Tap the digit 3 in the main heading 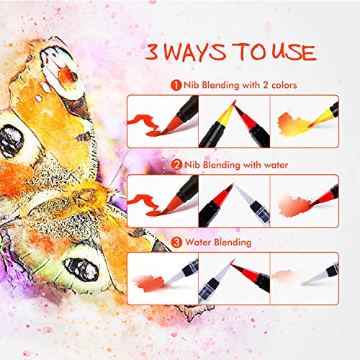point(152,52)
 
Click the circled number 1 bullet point(176,85)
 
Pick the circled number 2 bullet point(177,165)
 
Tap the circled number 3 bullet point(176,242)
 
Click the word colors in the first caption point(284,85)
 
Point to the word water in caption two point(276,165)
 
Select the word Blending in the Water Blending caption point(233,242)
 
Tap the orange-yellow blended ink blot point(293,124)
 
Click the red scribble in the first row point(144,125)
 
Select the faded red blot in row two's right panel point(293,206)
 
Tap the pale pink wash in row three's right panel point(284,275)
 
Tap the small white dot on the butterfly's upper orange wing point(39,98)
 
